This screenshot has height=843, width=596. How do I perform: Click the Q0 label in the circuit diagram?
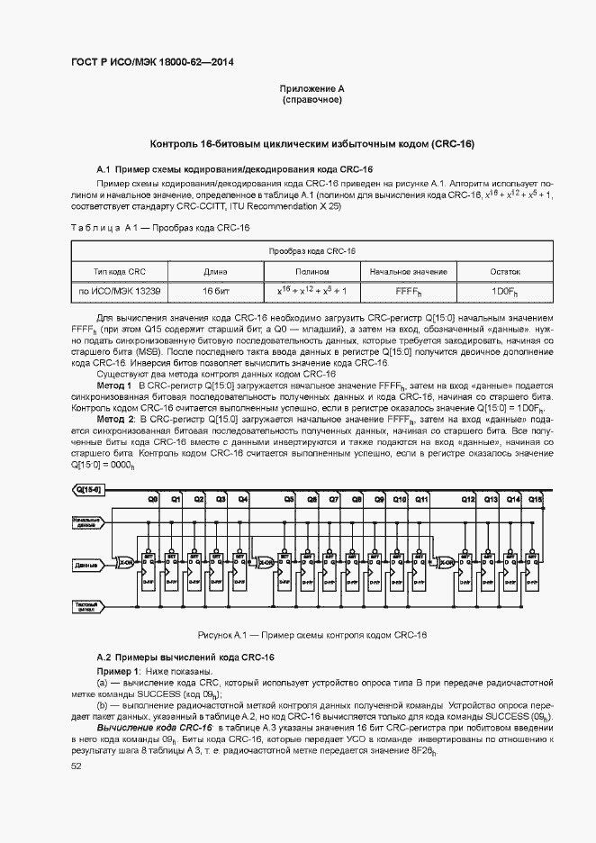[153, 498]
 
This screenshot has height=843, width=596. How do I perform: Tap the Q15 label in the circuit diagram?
[536, 498]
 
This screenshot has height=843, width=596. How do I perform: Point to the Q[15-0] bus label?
[89, 489]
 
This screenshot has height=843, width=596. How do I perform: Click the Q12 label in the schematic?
[468, 498]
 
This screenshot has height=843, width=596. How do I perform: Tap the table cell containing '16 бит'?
[215, 292]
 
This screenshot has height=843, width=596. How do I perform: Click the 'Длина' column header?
[215, 270]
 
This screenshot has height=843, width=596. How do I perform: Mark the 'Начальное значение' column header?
[408, 270]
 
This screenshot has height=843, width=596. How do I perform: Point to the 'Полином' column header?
[312, 270]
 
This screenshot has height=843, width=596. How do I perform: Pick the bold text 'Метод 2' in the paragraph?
[115, 420]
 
